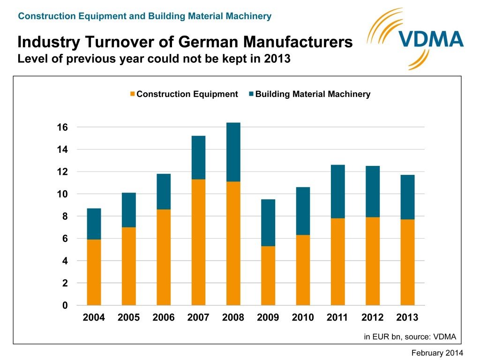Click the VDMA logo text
pos(431,39)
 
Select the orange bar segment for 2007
pos(198,242)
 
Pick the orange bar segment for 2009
pos(268,276)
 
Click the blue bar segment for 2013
pos(407,197)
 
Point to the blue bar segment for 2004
pos(94,224)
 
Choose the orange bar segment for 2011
pos(337,262)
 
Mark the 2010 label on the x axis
pos(303,318)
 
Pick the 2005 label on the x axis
pos(128,318)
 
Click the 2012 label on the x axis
pos(372,318)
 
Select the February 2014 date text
pos(437,353)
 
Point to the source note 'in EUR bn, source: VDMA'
pos(410,337)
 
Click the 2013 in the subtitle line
pos(273,60)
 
